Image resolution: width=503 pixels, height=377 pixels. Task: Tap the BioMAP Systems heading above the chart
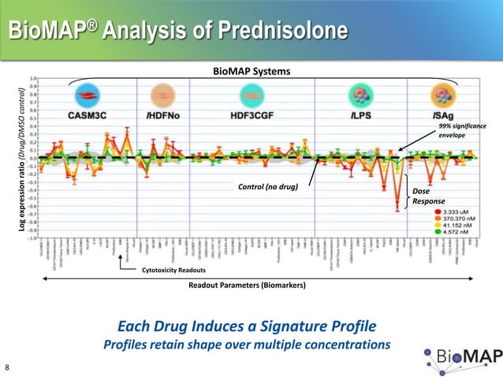251,72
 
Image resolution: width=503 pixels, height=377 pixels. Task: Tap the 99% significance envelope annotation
462,131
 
